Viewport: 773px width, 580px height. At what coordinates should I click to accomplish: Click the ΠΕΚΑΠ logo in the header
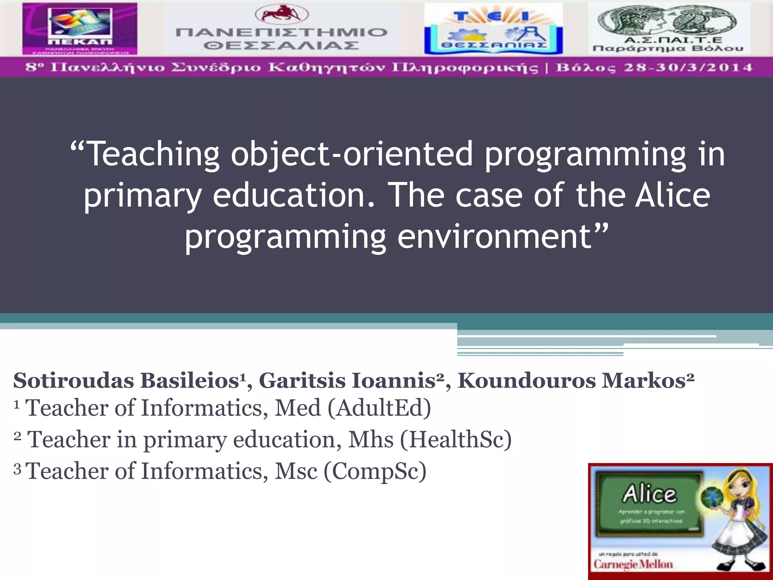(x=80, y=29)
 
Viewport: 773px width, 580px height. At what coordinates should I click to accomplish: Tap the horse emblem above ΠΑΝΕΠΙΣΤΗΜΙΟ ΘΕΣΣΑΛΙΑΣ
(x=282, y=14)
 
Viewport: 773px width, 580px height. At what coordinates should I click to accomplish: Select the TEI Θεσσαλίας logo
(x=493, y=29)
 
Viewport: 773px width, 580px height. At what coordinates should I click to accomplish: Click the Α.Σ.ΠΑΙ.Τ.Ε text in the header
(x=668, y=40)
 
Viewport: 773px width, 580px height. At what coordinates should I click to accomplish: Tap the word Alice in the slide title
(x=672, y=195)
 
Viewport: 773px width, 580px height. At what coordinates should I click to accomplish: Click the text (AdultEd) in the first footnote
(x=379, y=409)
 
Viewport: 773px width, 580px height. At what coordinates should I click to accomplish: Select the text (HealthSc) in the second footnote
(x=456, y=440)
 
